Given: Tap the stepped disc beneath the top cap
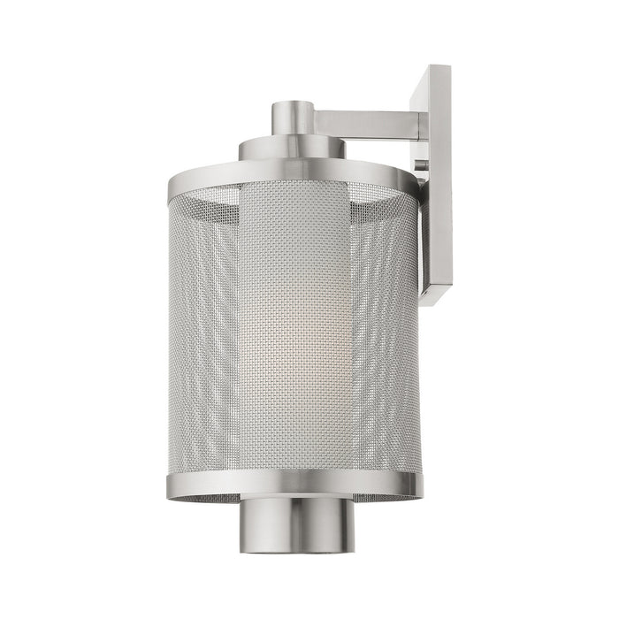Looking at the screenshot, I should pos(292,149).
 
